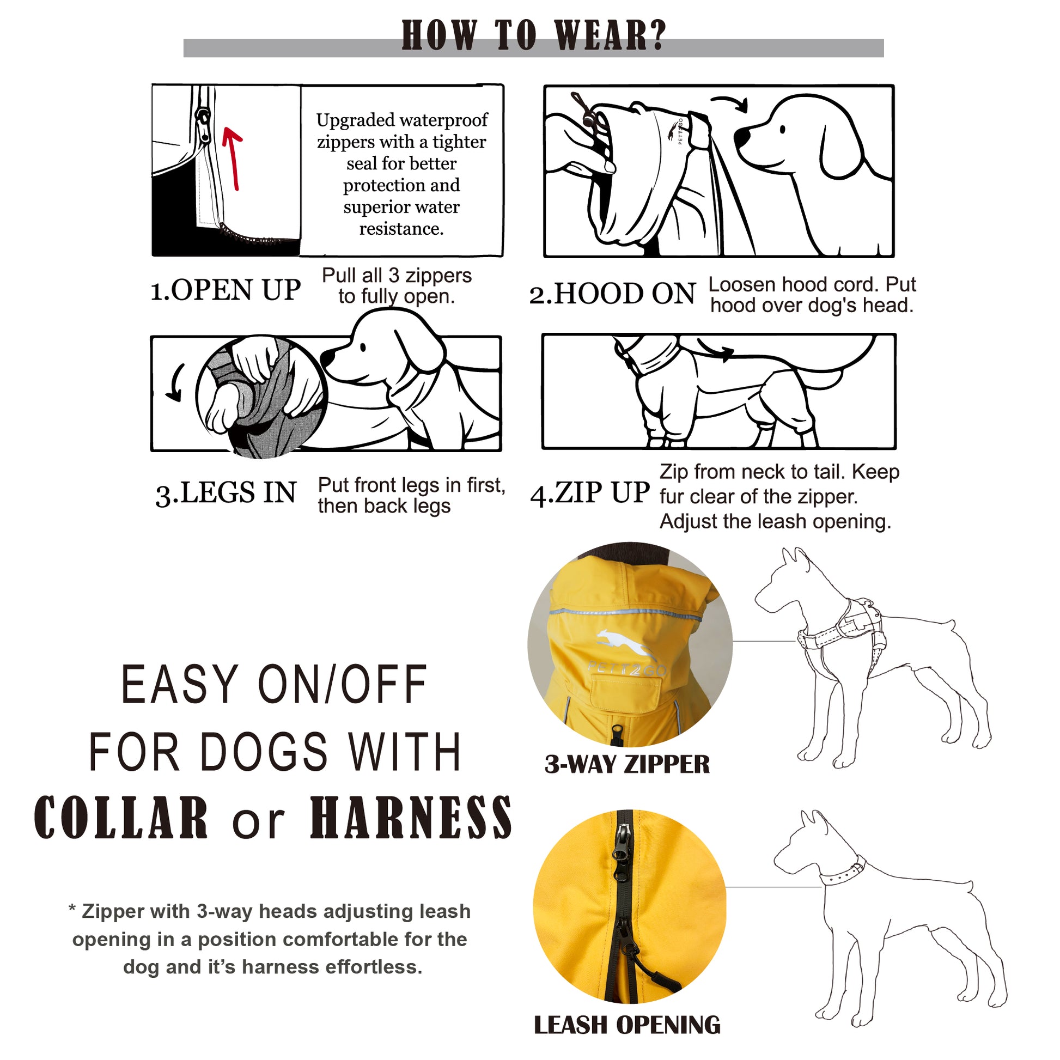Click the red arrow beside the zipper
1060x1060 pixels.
pos(233,159)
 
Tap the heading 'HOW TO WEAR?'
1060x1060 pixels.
pos(533,35)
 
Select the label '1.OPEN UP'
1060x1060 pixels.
pos(226,290)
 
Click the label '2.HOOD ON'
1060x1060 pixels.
pos(612,294)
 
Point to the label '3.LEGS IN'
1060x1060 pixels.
pos(226,493)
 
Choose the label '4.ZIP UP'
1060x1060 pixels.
pos(590,492)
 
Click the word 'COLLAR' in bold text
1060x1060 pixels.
pos(121,818)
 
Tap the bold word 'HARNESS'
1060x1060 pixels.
pos(411,818)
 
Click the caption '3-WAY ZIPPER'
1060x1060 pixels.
pos(627,764)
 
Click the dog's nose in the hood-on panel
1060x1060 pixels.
pos(742,137)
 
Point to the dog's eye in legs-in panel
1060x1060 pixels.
pos(363,348)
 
